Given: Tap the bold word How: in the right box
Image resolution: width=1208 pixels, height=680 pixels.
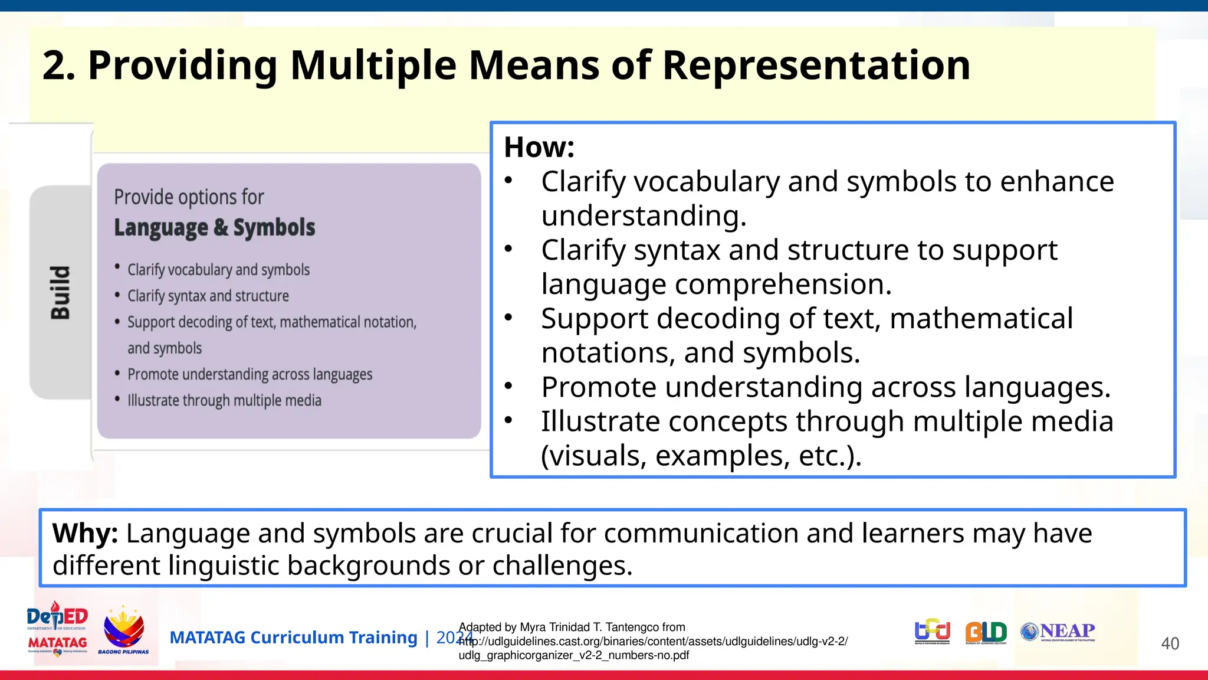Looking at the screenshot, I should point(539,147).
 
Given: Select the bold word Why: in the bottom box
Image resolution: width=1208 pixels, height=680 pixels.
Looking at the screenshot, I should point(85,533).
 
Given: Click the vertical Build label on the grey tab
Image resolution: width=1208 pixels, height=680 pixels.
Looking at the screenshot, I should point(60,292).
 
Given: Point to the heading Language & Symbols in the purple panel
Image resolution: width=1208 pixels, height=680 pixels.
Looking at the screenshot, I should point(214,228).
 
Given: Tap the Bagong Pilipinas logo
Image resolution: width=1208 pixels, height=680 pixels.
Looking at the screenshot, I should point(123,631).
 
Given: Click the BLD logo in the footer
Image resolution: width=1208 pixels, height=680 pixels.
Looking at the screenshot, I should point(986,632).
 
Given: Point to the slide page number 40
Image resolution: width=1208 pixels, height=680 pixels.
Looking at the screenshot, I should point(1170,643).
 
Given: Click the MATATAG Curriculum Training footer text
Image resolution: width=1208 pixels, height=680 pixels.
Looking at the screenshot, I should point(293,637).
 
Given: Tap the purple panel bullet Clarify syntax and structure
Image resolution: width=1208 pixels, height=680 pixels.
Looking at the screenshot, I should point(208,296).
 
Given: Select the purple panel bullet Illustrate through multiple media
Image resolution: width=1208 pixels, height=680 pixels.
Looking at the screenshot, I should point(224,400).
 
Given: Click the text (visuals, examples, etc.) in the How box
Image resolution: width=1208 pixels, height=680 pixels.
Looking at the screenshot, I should point(701,456).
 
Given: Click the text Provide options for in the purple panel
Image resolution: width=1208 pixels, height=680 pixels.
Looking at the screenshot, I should point(189,197).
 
